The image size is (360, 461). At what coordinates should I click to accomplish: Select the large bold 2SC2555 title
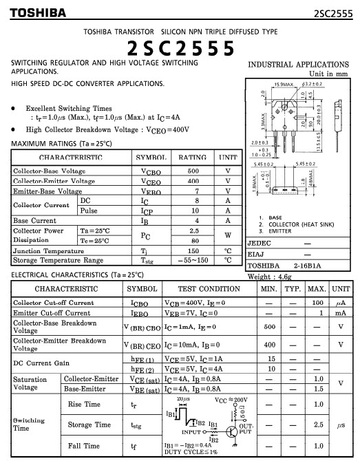click(180, 47)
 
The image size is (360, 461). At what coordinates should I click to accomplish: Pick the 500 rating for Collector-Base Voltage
click(193, 171)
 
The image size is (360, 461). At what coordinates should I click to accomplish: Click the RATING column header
click(193, 158)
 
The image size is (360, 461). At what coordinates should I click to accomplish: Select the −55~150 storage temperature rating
click(193, 261)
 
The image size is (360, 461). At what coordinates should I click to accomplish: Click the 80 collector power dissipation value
click(193, 241)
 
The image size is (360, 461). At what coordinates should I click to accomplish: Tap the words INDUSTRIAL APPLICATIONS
click(298, 65)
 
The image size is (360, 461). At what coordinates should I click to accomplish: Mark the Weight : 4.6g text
click(269, 277)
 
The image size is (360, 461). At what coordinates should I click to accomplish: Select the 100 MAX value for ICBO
click(317, 303)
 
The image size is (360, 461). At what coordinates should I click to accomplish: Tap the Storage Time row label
click(89, 425)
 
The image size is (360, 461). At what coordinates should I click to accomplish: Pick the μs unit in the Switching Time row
click(340, 425)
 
